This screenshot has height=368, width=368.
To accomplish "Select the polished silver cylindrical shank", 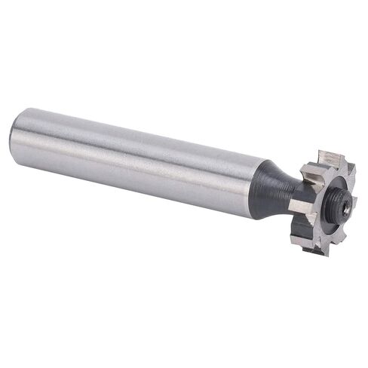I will [136, 162].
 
